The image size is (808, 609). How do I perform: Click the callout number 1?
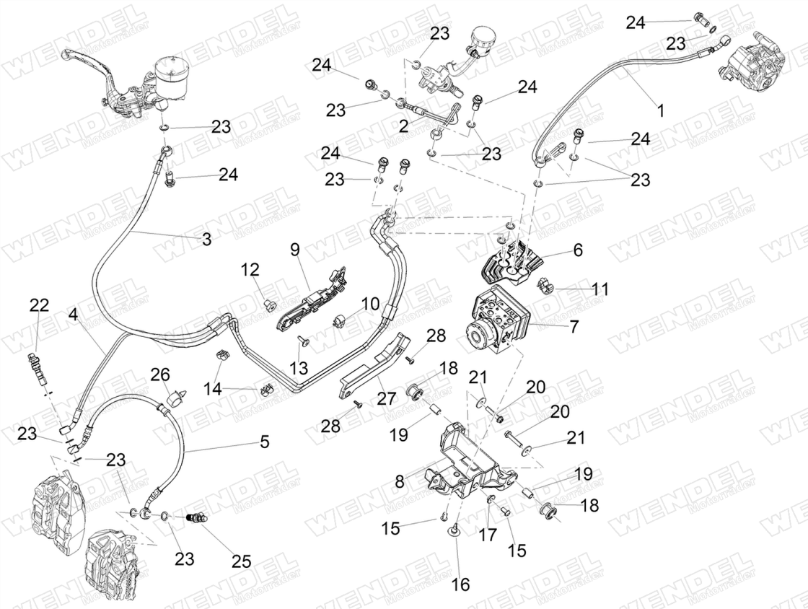[661, 110]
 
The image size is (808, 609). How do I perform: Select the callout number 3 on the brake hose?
[206, 240]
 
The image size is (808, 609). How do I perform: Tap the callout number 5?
[264, 442]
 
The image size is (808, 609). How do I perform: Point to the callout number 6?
[578, 250]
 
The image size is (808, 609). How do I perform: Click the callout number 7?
[574, 326]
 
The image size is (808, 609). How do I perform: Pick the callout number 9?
[294, 250]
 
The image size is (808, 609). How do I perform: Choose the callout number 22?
[39, 305]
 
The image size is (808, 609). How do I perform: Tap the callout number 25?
[241, 561]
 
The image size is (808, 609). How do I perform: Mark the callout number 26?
[160, 374]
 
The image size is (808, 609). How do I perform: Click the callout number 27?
[387, 399]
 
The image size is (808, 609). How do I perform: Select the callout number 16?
[461, 584]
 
